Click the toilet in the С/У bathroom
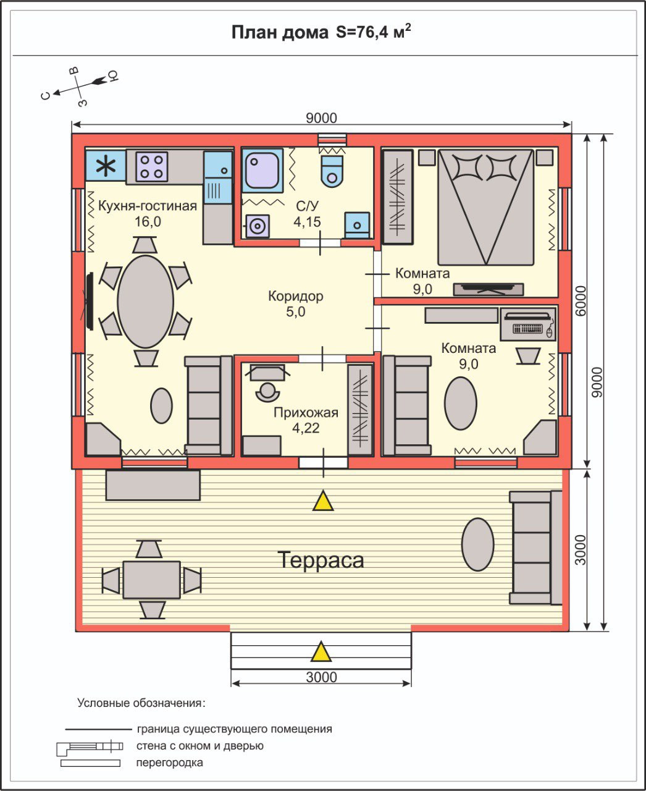click(332, 171)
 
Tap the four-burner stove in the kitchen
click(152, 166)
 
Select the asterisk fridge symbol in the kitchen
click(106, 166)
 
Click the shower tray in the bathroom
click(262, 171)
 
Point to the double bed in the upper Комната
click(485, 208)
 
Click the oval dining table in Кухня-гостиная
click(146, 302)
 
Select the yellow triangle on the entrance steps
click(321, 651)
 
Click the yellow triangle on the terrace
click(323, 501)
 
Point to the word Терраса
click(321, 560)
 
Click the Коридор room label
click(295, 296)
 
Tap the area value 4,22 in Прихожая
click(306, 428)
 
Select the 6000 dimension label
click(580, 301)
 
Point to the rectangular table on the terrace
click(152, 580)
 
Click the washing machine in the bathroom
click(257, 226)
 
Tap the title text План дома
click(280, 33)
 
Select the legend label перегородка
click(169, 763)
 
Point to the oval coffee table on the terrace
click(477, 544)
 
